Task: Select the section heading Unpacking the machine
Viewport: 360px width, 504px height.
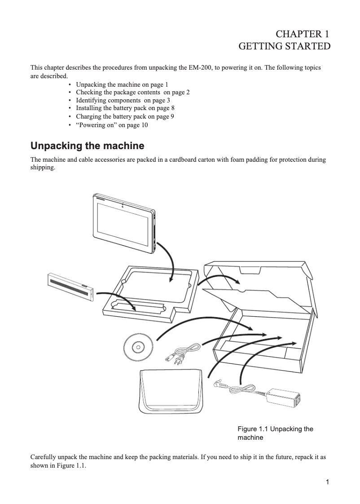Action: [x=87, y=146]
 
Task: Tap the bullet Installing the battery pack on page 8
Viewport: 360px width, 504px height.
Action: [x=125, y=108]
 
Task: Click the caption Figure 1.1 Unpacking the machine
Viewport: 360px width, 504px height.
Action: [x=275, y=433]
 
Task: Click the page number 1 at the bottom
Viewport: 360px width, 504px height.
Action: [x=328, y=482]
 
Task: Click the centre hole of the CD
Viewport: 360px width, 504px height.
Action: [x=137, y=347]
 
